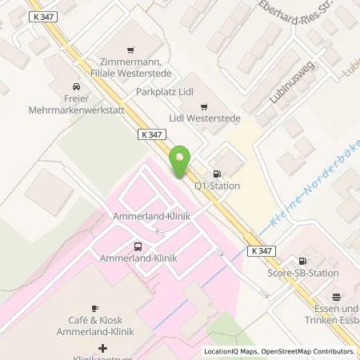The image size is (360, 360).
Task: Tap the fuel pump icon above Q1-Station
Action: click(215, 174)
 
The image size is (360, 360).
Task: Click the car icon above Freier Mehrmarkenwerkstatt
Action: click(74, 87)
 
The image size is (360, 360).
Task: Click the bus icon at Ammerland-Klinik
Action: click(138, 246)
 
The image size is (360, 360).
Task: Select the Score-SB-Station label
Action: click(303, 273)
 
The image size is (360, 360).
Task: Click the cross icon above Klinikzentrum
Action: click(102, 348)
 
